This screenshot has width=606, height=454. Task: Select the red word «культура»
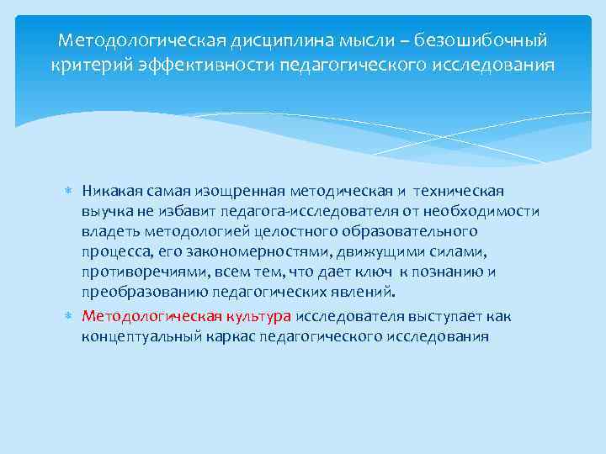point(259,317)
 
